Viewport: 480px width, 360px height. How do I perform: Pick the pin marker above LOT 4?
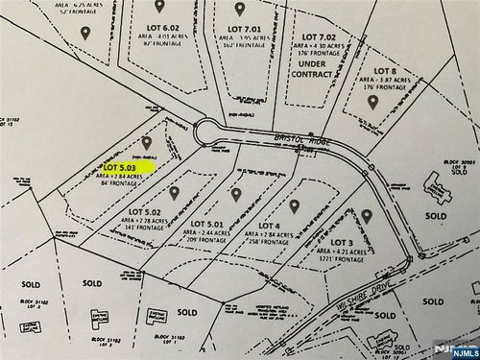296,205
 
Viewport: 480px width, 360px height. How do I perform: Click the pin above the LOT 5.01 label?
236,194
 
